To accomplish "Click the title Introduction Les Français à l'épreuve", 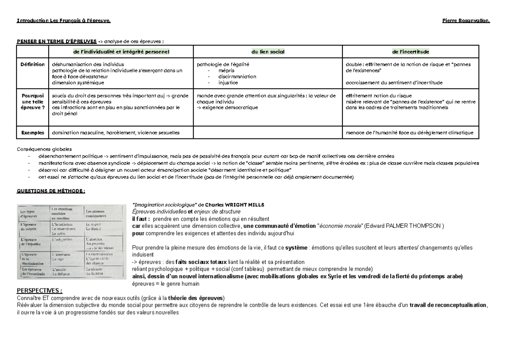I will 64,21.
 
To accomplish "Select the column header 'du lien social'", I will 268,52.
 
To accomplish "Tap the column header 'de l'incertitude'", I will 411,52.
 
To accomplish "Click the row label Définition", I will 33,64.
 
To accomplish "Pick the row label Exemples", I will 33,133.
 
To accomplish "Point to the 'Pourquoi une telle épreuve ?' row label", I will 33,102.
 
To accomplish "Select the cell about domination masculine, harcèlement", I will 116,133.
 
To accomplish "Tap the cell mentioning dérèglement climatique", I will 409,133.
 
